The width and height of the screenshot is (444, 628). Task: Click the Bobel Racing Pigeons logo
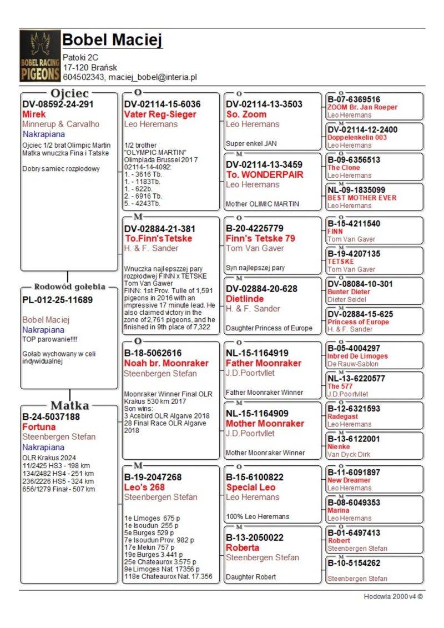point(40,56)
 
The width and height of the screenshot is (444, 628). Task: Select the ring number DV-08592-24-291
point(58,104)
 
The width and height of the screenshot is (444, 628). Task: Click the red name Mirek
point(34,114)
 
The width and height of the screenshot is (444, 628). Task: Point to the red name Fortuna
point(39,426)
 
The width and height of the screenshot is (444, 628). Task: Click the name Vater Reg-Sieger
point(160,114)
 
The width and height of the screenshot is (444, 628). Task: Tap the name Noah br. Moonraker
point(166,363)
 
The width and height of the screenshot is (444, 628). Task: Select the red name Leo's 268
point(144,487)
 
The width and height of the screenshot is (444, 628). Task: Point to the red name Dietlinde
point(245,299)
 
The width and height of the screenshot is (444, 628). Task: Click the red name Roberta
point(243,547)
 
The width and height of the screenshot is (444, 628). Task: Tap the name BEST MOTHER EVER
point(362,198)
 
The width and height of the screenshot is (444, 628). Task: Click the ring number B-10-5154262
point(354,563)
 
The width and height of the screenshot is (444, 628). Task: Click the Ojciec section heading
point(69,93)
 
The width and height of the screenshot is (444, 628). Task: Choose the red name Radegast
point(342,416)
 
